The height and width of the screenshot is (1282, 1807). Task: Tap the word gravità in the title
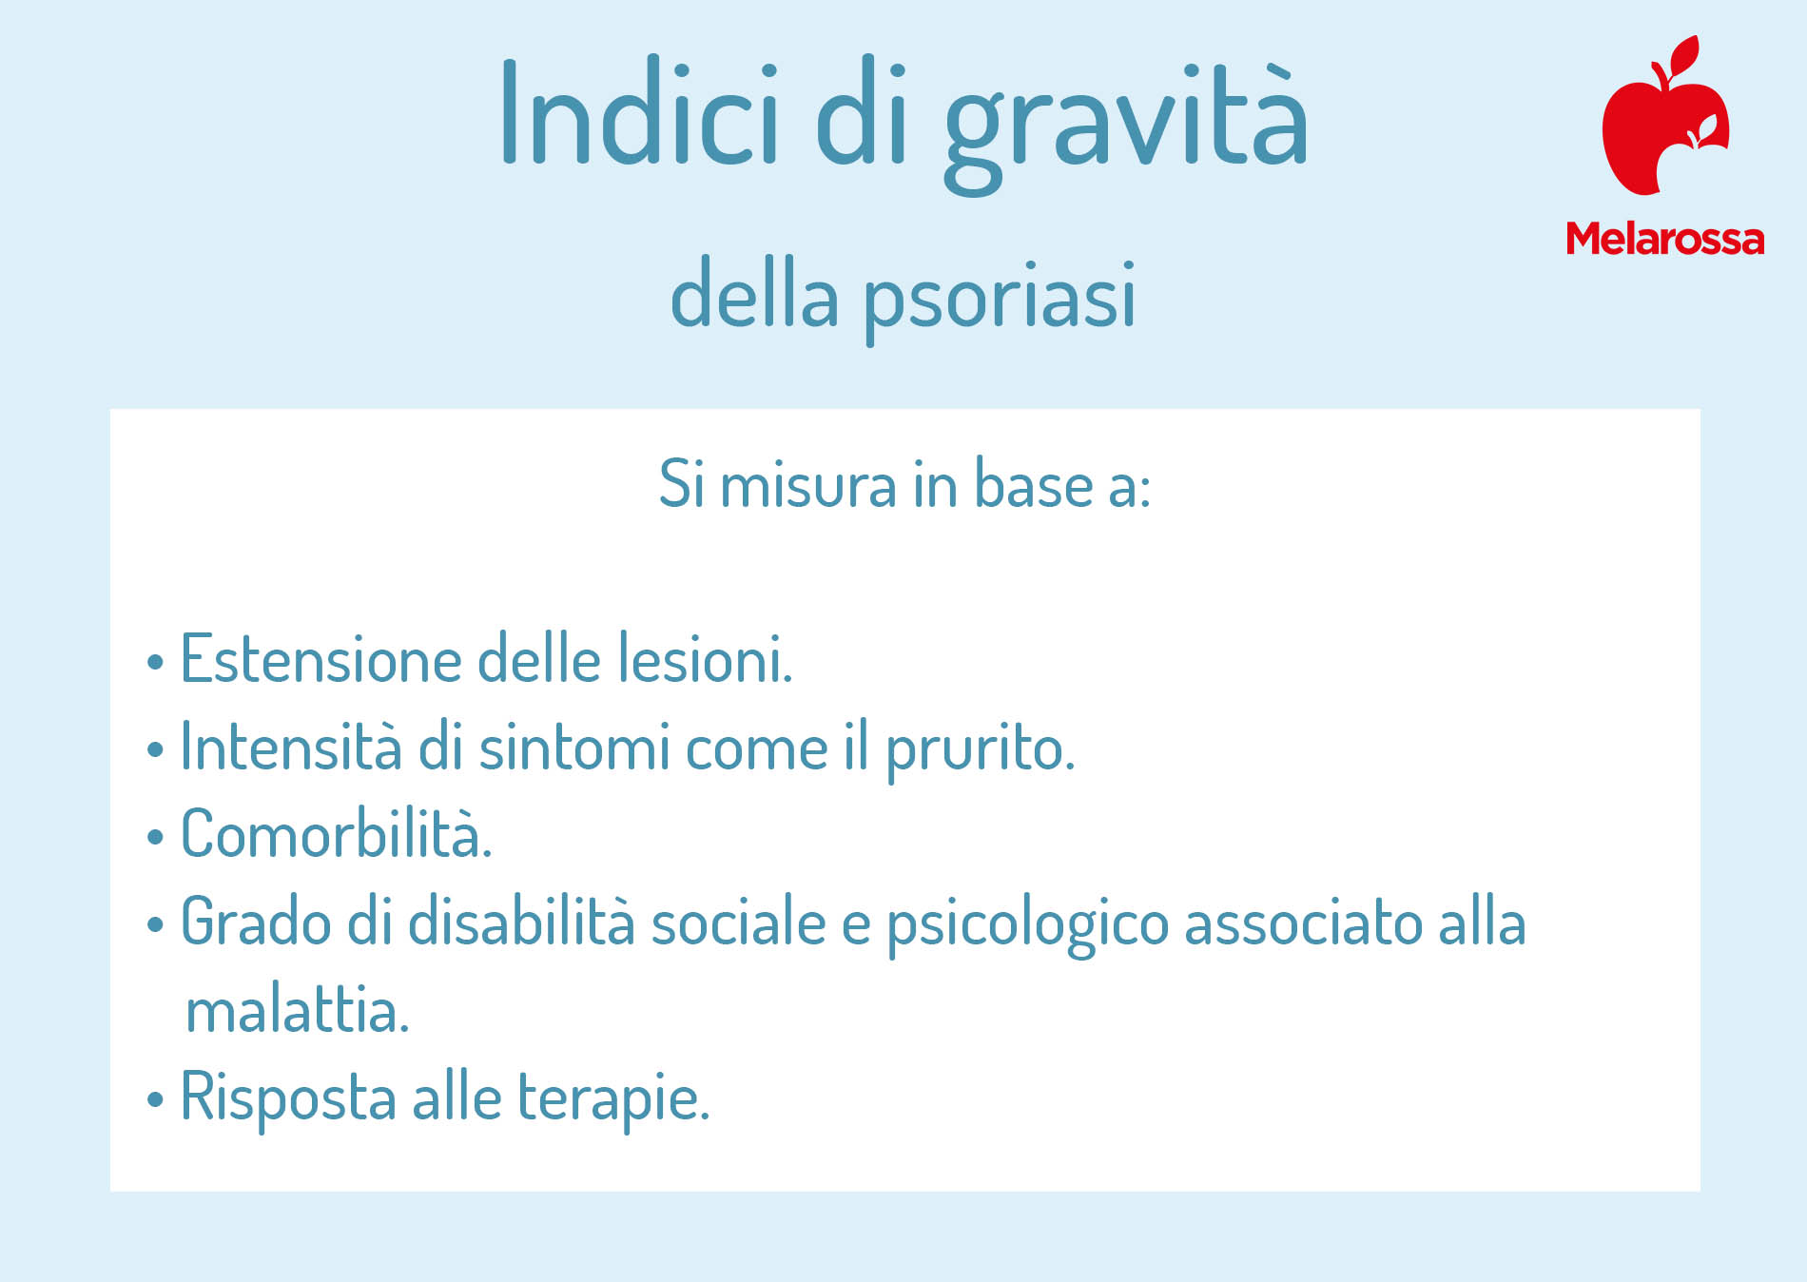pyautogui.click(x=1126, y=125)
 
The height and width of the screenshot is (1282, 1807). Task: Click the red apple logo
pyautogui.click(x=1665, y=115)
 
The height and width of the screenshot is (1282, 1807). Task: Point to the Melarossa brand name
pyautogui.click(x=1665, y=239)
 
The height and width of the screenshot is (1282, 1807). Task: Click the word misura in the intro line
pyautogui.click(x=808, y=485)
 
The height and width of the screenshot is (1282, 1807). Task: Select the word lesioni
pyautogui.click(x=705, y=658)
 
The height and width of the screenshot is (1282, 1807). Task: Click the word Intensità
pyautogui.click(x=291, y=747)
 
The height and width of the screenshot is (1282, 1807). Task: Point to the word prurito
pyautogui.click(x=981, y=751)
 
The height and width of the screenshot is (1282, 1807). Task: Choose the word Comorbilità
pyautogui.click(x=337, y=834)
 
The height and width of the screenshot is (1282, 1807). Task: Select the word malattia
pyautogui.click(x=298, y=1010)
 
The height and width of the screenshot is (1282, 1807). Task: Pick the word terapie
pyautogui.click(x=613, y=1100)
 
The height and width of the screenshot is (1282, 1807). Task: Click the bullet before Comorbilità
pyautogui.click(x=155, y=838)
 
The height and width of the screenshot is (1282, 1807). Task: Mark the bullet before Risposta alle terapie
pyautogui.click(x=155, y=1101)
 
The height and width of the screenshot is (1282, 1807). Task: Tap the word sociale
pyautogui.click(x=738, y=923)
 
